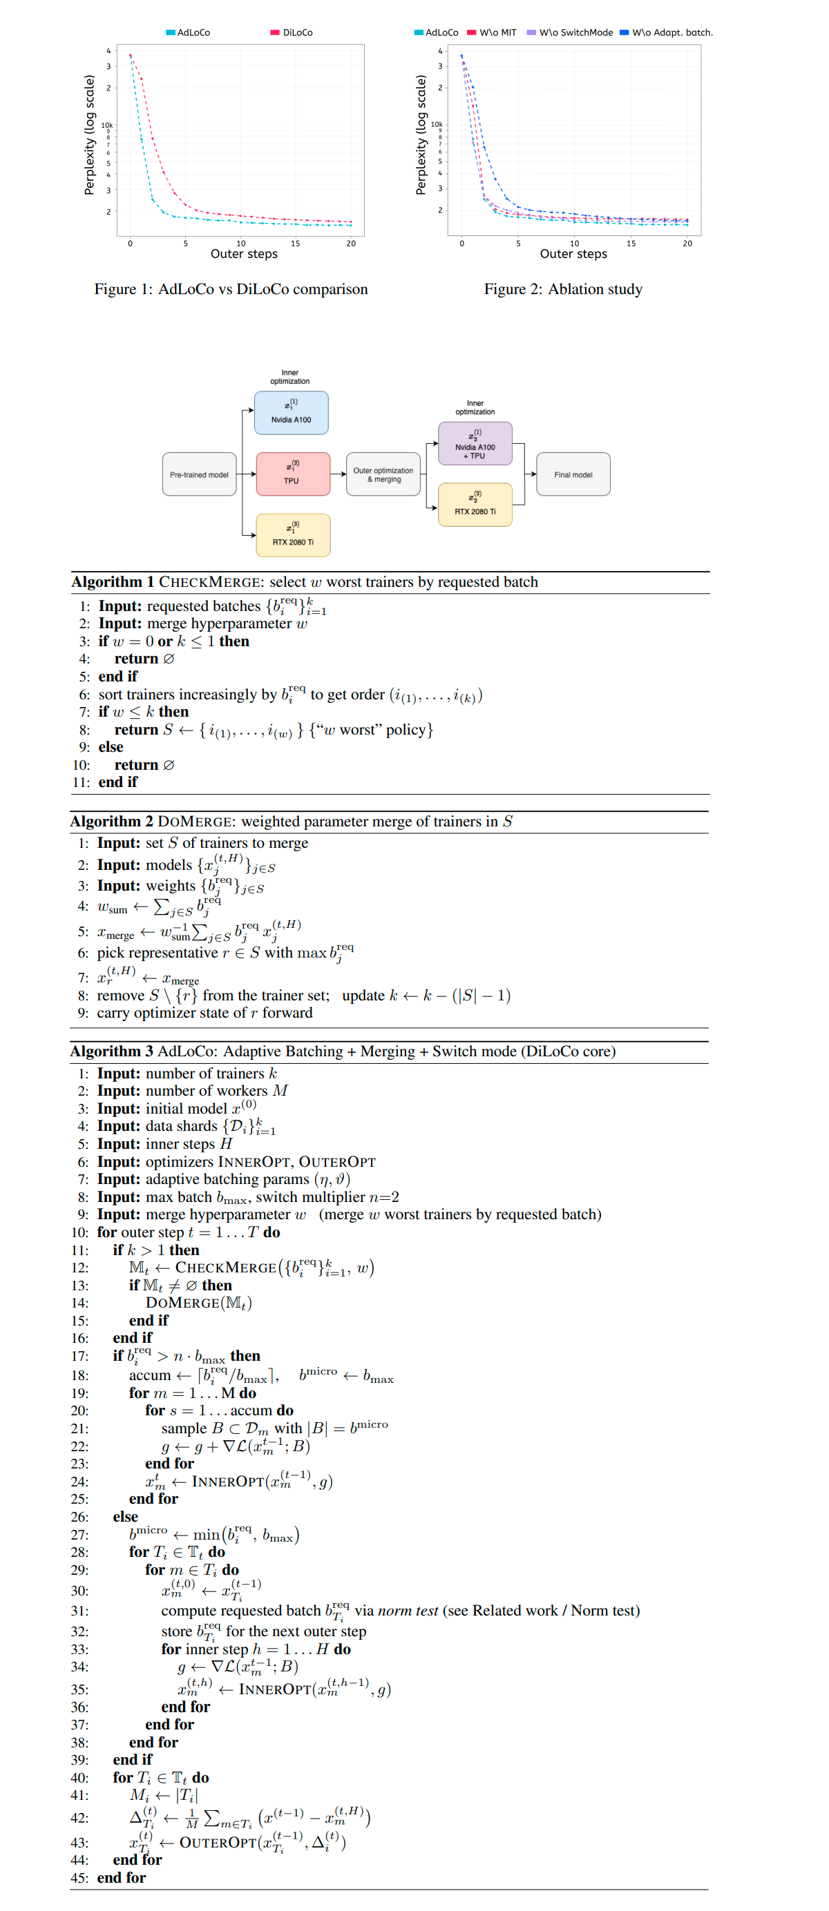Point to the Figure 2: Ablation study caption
[x=562, y=289]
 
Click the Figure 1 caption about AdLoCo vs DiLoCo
[x=231, y=289]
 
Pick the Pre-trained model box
[x=199, y=475]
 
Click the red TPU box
[x=292, y=474]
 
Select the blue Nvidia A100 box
[x=291, y=412]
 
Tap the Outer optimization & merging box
[x=383, y=475]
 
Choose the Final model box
[x=573, y=475]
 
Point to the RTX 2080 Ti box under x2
[x=475, y=505]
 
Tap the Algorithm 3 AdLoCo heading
[x=343, y=1051]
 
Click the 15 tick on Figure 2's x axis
[x=631, y=243]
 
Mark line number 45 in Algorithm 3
[x=79, y=1878]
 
